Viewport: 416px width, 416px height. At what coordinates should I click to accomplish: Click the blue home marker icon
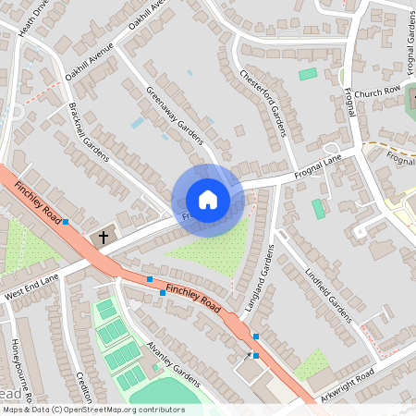(x=208, y=199)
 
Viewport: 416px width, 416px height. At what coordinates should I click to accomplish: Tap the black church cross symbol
(x=104, y=238)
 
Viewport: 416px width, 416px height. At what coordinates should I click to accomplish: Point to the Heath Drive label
(x=31, y=18)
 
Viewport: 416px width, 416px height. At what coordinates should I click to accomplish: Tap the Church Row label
(x=376, y=92)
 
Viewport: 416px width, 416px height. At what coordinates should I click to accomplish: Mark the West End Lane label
(x=31, y=287)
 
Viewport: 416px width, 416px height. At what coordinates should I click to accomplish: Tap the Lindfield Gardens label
(x=327, y=294)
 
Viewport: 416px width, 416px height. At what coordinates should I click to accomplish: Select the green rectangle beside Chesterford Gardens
(x=308, y=74)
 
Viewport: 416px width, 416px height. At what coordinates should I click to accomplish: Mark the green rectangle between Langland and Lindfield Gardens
(x=319, y=209)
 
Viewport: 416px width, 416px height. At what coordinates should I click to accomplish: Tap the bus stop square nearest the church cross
(x=65, y=222)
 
